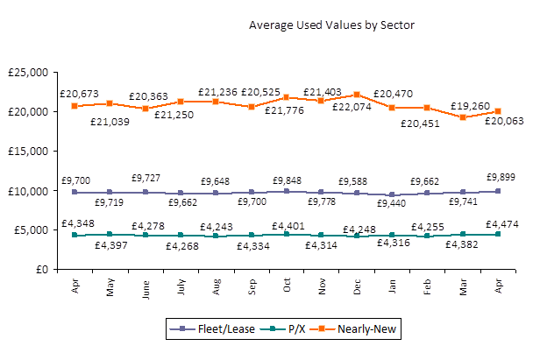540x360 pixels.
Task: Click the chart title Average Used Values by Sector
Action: [331, 25]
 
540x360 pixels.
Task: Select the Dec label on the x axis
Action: [357, 287]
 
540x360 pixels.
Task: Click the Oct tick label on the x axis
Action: [286, 287]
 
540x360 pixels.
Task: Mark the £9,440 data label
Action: [394, 203]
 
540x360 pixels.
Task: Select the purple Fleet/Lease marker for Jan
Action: [392, 194]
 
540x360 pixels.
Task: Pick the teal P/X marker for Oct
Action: [286, 234]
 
